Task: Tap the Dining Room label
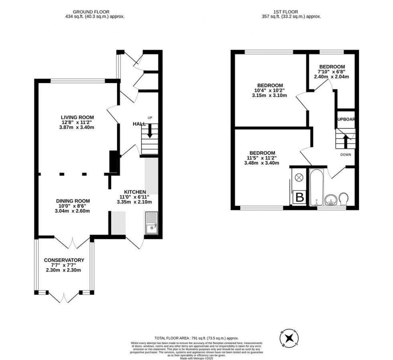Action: coord(73,201)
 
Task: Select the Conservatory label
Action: coord(64,260)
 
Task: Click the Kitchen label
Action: coord(135,192)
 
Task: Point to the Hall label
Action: coord(139,124)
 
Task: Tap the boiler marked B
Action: coord(299,197)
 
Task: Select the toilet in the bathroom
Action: coord(344,198)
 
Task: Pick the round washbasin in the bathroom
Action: coord(331,199)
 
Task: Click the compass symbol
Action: coord(289,338)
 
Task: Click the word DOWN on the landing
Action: coord(346,154)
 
